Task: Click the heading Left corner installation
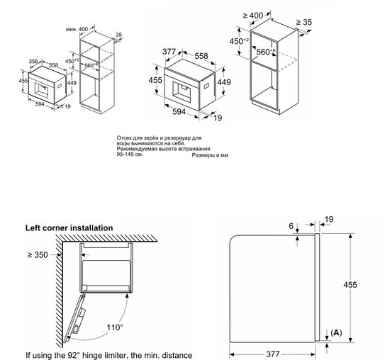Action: click(x=69, y=227)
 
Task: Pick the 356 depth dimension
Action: click(x=33, y=61)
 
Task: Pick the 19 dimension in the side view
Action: click(x=329, y=220)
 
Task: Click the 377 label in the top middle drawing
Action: click(x=169, y=51)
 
